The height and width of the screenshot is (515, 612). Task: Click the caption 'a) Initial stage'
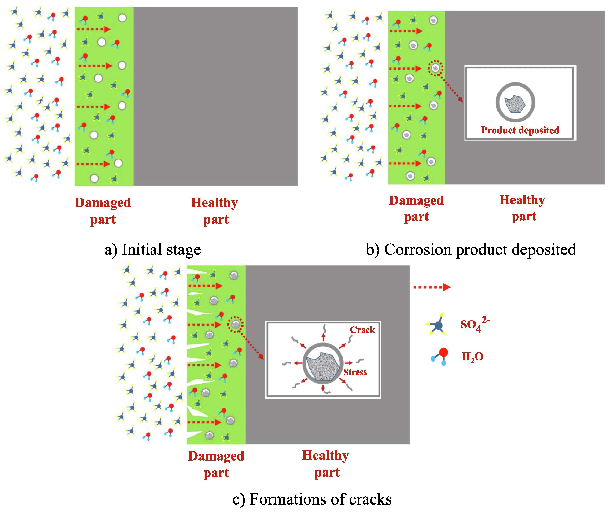tap(153, 250)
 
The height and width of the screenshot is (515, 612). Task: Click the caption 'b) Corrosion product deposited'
tap(471, 250)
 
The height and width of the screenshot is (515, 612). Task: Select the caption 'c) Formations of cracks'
tap(312, 499)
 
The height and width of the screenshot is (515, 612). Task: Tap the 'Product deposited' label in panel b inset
tap(520, 130)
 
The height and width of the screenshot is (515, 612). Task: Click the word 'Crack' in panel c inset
tap(362, 330)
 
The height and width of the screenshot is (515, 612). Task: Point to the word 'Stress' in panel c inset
tap(355, 372)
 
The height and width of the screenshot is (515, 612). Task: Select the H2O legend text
tap(472, 356)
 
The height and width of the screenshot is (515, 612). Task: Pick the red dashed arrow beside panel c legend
tap(432, 287)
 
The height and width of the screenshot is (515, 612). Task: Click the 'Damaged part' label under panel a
tap(103, 211)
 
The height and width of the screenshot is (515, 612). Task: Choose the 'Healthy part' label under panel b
tap(522, 208)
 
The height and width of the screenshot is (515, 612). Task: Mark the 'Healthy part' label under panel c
tap(325, 464)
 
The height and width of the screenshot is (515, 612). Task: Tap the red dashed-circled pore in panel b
tap(435, 68)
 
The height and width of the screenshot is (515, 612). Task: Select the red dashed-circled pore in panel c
tap(235, 324)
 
